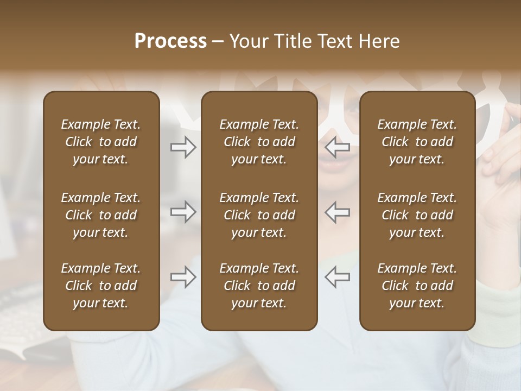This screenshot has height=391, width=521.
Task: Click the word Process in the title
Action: click(170, 41)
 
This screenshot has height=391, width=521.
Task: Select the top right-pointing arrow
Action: click(183, 147)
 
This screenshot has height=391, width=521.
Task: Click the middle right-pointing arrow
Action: click(183, 212)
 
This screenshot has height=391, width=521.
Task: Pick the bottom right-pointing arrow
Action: click(183, 277)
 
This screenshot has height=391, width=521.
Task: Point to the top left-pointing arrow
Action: click(337, 147)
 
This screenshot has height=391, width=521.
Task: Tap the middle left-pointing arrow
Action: click(337, 212)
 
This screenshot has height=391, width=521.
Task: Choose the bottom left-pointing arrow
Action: click(337, 277)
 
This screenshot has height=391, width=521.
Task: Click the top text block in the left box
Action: click(101, 142)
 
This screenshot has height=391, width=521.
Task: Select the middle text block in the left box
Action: click(101, 215)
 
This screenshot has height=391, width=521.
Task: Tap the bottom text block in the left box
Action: click(101, 286)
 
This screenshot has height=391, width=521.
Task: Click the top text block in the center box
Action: click(259, 142)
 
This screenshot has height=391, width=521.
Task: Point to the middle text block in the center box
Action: click(259, 215)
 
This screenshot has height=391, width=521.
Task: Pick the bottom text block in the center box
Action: click(259, 286)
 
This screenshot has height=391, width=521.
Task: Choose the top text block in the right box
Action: click(417, 142)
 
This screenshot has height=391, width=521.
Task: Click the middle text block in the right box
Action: click(417, 215)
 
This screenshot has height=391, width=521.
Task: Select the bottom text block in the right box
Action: click(417, 286)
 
